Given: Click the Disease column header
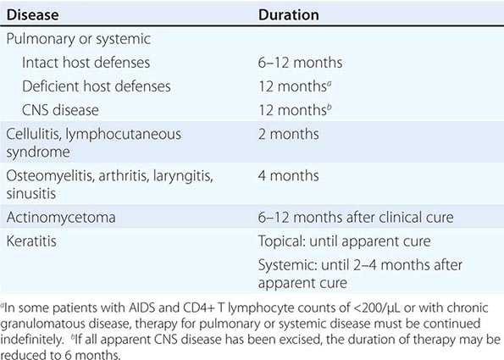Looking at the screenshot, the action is pyautogui.click(x=32, y=14).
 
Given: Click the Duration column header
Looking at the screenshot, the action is pyautogui.click(x=289, y=14).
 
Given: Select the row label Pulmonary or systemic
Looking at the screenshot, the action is pyautogui.click(x=79, y=39).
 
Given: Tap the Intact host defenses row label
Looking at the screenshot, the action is pyautogui.click(x=86, y=63).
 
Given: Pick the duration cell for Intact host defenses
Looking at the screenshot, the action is pyautogui.click(x=300, y=63).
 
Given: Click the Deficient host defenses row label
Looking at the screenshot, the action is pyautogui.click(x=96, y=86).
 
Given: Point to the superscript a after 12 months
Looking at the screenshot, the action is pyautogui.click(x=330, y=83).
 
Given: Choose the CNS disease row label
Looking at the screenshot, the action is pyautogui.click(x=60, y=110).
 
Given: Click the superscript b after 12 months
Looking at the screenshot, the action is pyautogui.click(x=330, y=107).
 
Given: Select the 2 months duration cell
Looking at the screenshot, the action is pyautogui.click(x=288, y=134).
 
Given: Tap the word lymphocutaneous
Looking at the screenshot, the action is pyautogui.click(x=124, y=135).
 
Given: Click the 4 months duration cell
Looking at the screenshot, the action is pyautogui.click(x=288, y=175).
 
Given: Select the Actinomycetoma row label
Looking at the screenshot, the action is pyautogui.click(x=61, y=218).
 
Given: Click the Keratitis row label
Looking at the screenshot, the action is pyautogui.click(x=31, y=241).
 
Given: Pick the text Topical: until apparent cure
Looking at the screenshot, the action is pyautogui.click(x=344, y=241).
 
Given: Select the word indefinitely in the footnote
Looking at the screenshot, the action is pyautogui.click(x=32, y=340).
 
